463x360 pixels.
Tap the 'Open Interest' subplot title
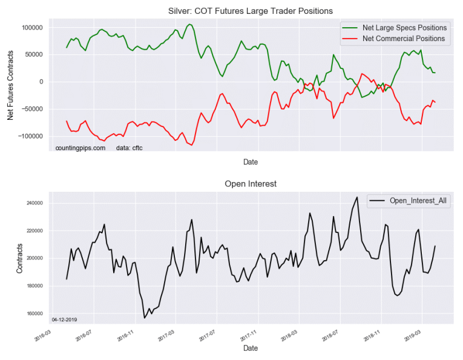click(x=250, y=183)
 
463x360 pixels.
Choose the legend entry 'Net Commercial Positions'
click(x=403, y=39)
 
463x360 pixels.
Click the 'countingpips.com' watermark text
click(x=80, y=148)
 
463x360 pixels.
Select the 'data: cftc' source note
click(x=129, y=148)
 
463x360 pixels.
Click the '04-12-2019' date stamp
click(x=64, y=319)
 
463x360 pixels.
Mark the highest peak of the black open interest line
click(x=357, y=197)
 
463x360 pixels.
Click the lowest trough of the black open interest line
click(x=145, y=318)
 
